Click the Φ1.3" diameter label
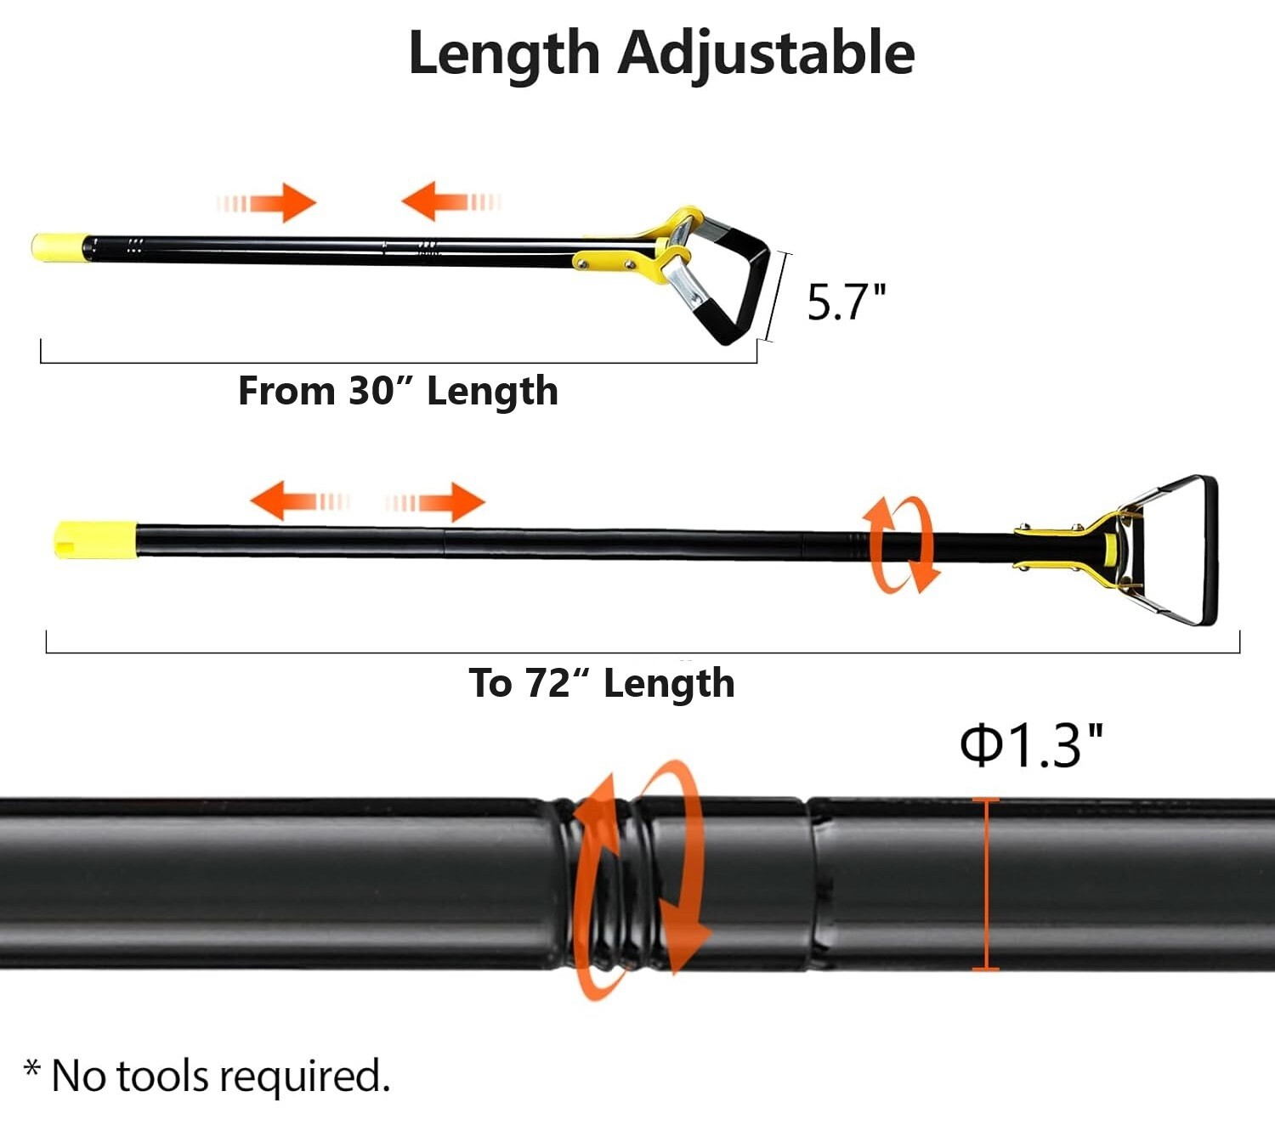(x=1031, y=746)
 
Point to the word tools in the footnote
(x=162, y=1076)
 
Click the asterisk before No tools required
(x=32, y=1068)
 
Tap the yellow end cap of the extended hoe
(x=95, y=540)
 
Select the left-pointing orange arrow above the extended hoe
(x=299, y=500)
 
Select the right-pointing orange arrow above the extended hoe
(x=435, y=502)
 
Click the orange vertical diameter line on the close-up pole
(x=985, y=884)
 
